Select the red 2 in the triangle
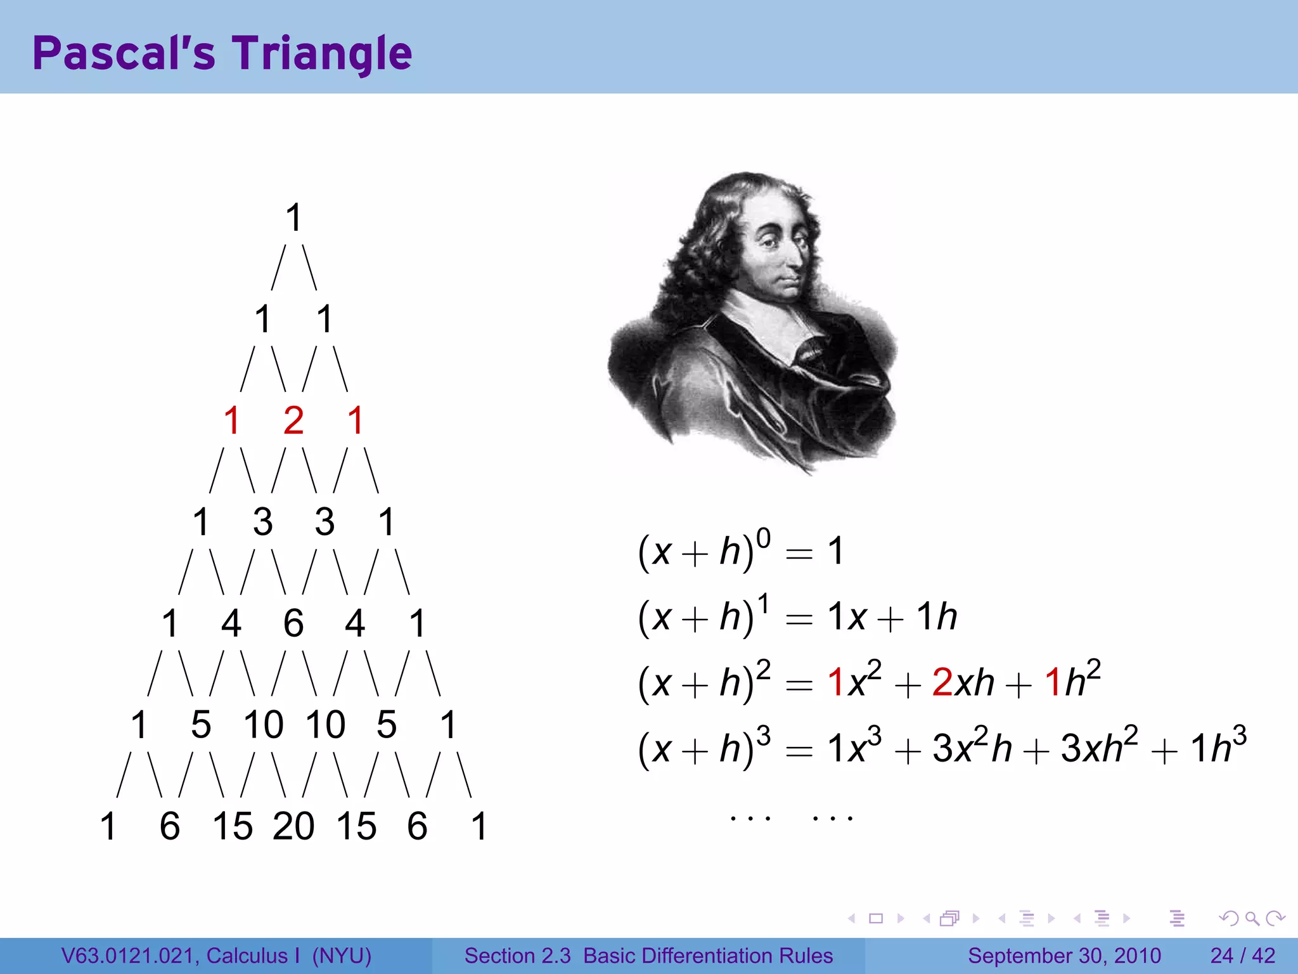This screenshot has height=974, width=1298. point(293,420)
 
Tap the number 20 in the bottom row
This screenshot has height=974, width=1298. point(293,826)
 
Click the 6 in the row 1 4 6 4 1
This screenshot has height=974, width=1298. point(293,623)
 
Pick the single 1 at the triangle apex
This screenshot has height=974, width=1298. point(293,218)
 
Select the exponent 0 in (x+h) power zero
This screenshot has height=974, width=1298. point(764,538)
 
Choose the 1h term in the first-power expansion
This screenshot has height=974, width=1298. point(937,616)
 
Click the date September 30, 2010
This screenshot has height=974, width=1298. point(1064,956)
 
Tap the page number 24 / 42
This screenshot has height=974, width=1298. point(1242,956)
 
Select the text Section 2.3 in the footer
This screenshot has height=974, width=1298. point(517,956)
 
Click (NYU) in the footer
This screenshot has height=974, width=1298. point(342,956)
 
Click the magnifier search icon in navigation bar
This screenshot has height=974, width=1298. point(1252,918)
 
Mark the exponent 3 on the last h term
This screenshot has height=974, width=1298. point(1239,734)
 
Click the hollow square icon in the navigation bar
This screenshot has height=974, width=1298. point(876,918)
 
